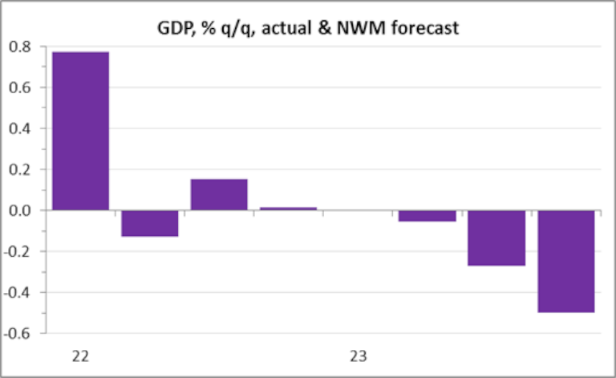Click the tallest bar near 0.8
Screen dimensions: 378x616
(80, 131)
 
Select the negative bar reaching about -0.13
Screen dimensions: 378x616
(149, 223)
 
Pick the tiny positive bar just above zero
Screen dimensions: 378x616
(288, 209)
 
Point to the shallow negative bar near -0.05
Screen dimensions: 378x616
(427, 216)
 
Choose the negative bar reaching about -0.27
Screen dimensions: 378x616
(496, 238)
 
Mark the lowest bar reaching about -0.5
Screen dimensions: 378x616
(565, 261)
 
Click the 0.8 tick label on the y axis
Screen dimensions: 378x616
(22, 47)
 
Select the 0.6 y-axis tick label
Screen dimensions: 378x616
(22, 87)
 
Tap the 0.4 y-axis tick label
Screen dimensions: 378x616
(22, 128)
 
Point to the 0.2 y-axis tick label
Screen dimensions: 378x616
(22, 169)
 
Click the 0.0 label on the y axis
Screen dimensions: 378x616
(22, 210)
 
